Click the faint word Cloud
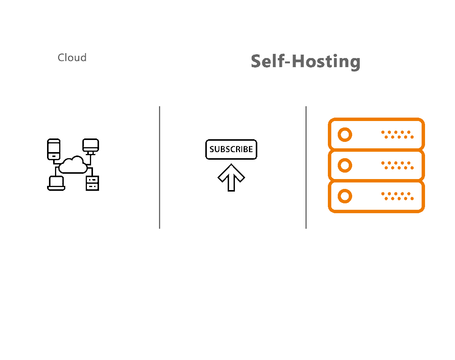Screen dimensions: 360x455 (72, 58)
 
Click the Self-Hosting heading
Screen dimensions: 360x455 (305, 61)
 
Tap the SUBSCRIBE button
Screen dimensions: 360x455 (231, 149)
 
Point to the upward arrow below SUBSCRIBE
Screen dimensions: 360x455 (231, 178)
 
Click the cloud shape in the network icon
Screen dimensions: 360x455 (73, 165)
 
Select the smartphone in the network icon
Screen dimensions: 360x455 (54, 149)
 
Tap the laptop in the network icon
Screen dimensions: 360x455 (56, 183)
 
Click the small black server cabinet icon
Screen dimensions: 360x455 (92, 183)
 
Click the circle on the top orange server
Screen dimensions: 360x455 (345, 135)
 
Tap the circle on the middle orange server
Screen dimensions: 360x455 (345, 165)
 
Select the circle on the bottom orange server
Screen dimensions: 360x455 (345, 196)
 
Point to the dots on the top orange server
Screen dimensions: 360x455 (397, 135)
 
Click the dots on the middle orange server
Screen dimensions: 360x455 (397, 165)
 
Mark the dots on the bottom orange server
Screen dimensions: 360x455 (397, 196)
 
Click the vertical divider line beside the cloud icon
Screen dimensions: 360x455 (159, 167)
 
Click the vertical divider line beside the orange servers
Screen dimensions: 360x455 (306, 167)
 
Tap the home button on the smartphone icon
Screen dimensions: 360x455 (54, 155)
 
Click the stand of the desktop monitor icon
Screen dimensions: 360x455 (91, 152)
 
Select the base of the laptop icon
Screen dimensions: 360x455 (56, 188)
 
